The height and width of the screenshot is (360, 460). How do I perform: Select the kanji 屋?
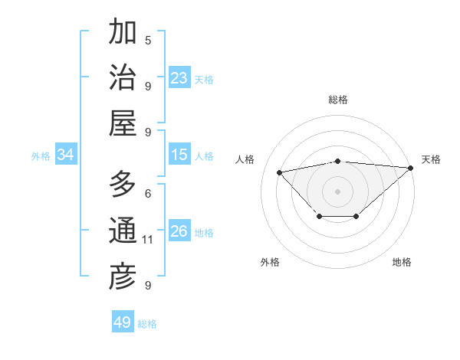[123, 123]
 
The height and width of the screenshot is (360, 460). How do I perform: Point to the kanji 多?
[123, 185]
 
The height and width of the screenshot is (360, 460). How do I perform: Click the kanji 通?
[123, 231]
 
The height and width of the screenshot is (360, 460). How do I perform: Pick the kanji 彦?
[123, 277]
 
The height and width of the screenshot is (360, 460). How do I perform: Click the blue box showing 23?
[179, 78]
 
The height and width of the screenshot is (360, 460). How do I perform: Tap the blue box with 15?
[179, 155]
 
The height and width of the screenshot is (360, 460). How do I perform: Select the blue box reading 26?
[179, 231]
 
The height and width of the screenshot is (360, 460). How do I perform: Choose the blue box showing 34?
[66, 155]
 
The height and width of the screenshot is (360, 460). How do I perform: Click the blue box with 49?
[123, 322]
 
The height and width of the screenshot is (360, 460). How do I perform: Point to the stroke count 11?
[148, 240]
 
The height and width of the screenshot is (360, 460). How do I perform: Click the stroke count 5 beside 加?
[148, 40]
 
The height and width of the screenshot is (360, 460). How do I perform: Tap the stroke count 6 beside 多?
[148, 193]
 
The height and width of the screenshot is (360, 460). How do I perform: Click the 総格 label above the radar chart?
[338, 100]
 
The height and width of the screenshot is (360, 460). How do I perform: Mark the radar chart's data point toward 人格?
[279, 172]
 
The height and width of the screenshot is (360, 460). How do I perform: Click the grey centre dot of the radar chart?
[338, 190]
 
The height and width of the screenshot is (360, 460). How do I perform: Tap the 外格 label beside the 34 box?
[41, 155]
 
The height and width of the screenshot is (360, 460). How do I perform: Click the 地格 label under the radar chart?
[402, 262]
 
